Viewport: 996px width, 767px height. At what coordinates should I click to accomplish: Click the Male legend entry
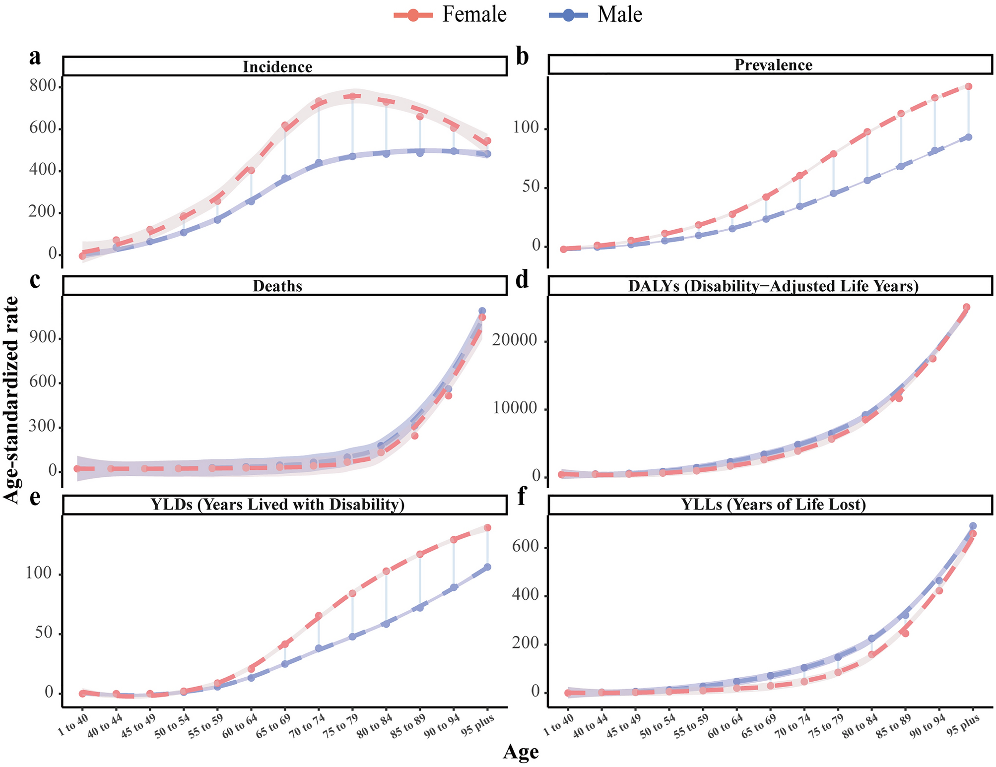[596, 15]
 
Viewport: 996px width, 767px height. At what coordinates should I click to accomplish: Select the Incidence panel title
[277, 67]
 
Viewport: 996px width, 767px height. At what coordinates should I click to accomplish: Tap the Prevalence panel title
[773, 65]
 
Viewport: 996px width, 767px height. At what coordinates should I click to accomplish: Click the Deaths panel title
[277, 286]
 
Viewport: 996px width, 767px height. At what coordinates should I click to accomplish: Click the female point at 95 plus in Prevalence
[968, 86]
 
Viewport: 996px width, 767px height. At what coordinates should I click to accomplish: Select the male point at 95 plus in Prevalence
[968, 137]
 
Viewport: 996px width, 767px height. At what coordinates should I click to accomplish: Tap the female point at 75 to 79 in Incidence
[352, 96]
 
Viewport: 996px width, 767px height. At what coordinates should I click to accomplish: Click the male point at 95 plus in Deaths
[482, 311]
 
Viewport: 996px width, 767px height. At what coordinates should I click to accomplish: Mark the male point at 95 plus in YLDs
[487, 567]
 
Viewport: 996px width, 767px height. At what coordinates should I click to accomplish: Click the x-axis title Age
[521, 752]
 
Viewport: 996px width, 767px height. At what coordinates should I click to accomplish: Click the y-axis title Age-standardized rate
[12, 399]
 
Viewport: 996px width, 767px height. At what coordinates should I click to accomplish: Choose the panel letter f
[521, 498]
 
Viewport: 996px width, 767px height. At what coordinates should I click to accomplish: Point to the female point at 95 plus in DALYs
[966, 307]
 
